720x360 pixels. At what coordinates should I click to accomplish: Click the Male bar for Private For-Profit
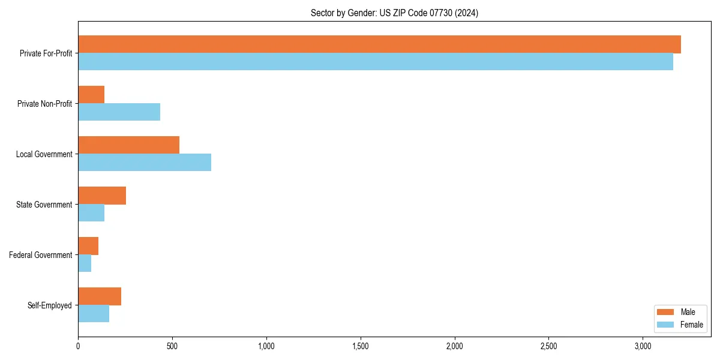379,44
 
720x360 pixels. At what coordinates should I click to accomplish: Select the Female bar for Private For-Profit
376,62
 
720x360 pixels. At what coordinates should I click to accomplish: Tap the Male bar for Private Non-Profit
91,95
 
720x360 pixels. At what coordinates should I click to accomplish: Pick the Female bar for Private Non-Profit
119,112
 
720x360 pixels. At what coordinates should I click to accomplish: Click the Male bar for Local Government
128,145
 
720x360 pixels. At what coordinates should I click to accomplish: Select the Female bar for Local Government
145,163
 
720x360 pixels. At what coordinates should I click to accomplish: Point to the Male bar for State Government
102,196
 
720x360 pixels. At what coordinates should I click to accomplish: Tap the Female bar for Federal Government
85,263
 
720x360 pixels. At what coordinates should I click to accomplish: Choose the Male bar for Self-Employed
100,296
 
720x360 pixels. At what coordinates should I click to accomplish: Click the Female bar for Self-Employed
94,314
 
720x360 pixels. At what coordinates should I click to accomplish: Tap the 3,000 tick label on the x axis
643,346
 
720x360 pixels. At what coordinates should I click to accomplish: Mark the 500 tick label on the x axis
172,346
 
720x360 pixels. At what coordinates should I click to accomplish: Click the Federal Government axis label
41,255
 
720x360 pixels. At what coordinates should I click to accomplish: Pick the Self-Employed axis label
50,305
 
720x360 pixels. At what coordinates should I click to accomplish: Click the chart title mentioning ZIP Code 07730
394,13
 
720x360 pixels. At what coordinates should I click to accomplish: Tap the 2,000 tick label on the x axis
455,346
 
